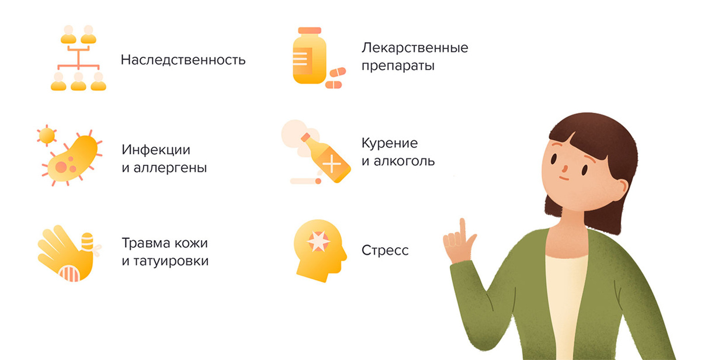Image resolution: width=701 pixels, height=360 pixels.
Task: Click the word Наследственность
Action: pos(183,60)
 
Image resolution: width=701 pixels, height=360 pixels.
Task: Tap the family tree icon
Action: pos(78,58)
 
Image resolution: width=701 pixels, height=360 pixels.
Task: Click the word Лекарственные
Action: pos(415,47)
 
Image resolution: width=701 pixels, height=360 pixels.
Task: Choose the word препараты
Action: pos(398,65)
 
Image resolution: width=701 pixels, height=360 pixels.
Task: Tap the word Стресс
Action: pos(385,251)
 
